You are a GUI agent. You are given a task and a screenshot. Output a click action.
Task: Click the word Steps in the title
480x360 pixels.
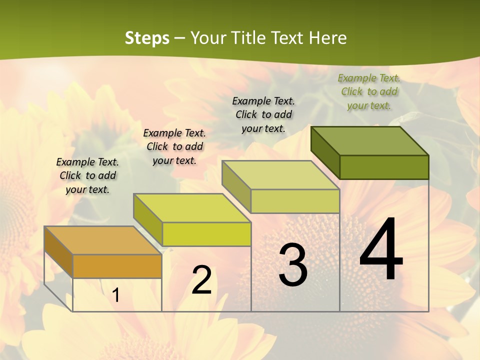click(x=146, y=38)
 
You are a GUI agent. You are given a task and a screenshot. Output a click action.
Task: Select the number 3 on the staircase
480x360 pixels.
click(x=293, y=265)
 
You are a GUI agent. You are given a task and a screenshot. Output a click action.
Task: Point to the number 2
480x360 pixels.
click(x=201, y=280)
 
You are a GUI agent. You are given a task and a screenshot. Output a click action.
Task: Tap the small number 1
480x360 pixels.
click(x=116, y=295)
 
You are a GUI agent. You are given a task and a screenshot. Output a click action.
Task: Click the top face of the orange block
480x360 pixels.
click(x=102, y=240)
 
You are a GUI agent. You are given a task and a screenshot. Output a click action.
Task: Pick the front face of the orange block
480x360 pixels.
click(x=117, y=266)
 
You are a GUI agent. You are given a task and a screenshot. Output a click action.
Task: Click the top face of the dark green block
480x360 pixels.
click(x=370, y=140)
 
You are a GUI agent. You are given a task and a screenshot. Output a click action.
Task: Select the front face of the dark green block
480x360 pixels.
click(x=384, y=167)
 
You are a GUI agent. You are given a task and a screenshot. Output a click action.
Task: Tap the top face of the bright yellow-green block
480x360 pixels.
click(x=192, y=207)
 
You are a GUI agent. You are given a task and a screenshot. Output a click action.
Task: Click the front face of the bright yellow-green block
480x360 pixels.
click(x=206, y=234)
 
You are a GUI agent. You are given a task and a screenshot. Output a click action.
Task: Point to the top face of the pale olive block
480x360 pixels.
click(x=280, y=175)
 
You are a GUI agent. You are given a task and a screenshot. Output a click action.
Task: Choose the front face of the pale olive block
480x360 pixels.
click(x=295, y=201)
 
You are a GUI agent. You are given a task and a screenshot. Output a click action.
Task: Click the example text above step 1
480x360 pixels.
click(x=87, y=175)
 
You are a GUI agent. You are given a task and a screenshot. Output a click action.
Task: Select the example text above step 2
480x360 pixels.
click(x=174, y=146)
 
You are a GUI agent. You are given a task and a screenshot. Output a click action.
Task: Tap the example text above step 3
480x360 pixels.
click(x=263, y=114)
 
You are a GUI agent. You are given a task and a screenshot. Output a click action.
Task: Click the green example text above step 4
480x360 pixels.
click(x=369, y=91)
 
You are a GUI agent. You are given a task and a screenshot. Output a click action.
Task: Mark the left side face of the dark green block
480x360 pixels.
click(x=325, y=152)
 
